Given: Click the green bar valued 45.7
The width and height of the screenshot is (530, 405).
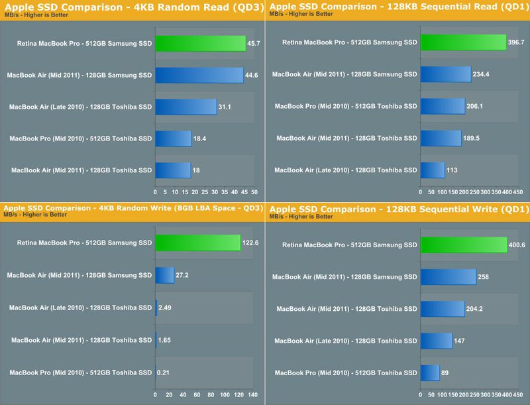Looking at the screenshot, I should tap(200, 44).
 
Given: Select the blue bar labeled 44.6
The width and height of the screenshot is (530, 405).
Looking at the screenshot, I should tap(199, 75).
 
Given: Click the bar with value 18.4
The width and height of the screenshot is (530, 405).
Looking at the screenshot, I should tap(173, 139).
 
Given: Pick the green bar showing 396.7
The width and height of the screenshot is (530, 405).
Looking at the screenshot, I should tap(463, 42).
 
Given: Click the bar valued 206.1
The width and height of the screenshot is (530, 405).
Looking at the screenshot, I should tap(443, 106).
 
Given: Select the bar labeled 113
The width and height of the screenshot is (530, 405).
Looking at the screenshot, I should tap(433, 170).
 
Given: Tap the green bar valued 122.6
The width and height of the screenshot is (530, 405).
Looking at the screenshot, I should tap(197, 243).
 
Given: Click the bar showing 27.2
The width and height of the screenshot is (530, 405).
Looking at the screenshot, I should tap(164, 274).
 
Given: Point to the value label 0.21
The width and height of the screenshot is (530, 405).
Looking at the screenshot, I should tap(163, 373).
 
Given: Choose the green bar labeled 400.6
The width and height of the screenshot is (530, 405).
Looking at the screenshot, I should tap(463, 245).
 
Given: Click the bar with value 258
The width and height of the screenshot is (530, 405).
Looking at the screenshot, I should tap(448, 276).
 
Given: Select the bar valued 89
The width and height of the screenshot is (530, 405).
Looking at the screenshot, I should tap(430, 373).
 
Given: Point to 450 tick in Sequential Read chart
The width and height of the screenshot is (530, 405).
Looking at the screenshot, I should tap(518, 192).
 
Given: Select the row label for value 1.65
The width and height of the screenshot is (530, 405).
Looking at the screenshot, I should tap(81, 341).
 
